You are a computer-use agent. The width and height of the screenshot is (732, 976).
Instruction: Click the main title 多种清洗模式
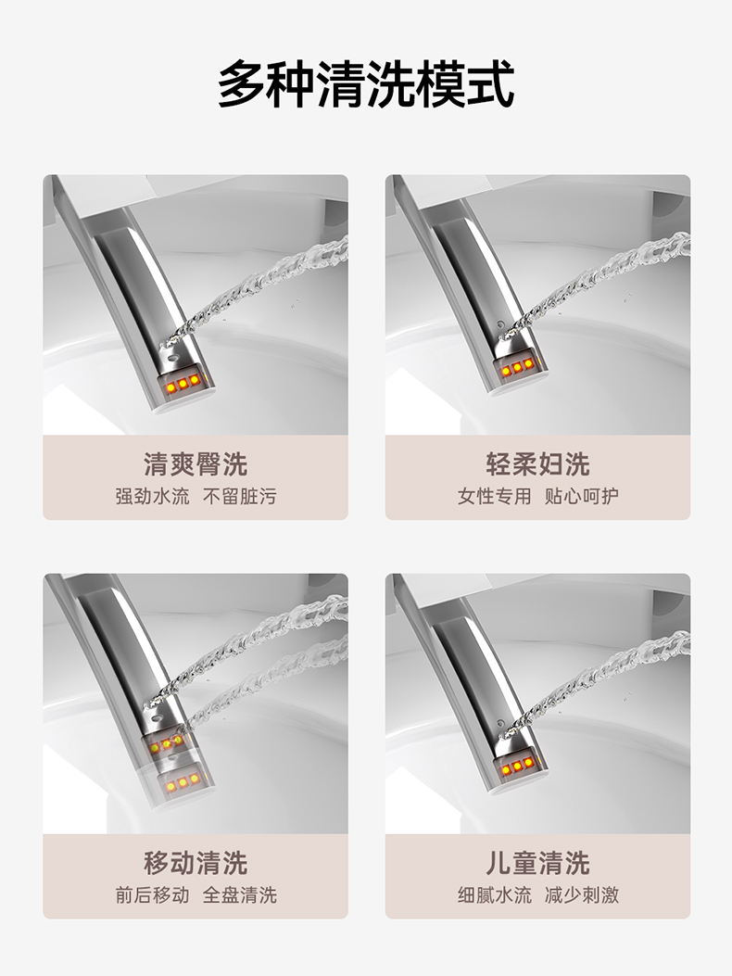(x=366, y=84)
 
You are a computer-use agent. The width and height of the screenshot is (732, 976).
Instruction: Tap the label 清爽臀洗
(x=196, y=464)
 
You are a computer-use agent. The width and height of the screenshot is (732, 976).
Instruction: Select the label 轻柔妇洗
(x=537, y=464)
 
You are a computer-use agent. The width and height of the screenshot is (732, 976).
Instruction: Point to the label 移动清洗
(x=196, y=863)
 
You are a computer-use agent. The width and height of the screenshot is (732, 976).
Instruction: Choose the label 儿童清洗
(x=537, y=863)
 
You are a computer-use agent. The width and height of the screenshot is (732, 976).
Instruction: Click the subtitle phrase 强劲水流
(x=152, y=496)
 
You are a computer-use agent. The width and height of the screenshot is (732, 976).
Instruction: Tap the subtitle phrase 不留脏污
(x=240, y=496)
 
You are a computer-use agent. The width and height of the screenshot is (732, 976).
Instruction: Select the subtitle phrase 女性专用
(x=494, y=496)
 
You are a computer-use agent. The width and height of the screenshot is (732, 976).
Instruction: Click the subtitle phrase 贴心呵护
(x=582, y=496)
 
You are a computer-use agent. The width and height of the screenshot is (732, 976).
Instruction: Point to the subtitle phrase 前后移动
(x=152, y=895)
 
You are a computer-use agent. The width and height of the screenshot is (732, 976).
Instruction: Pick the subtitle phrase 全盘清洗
(x=240, y=895)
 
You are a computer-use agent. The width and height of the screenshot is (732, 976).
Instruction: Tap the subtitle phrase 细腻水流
(x=494, y=895)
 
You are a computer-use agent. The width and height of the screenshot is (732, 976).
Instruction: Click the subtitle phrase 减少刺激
(x=582, y=895)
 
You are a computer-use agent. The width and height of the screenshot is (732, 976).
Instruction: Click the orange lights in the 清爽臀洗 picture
(x=183, y=384)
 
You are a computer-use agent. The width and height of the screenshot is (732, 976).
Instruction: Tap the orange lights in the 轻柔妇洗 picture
(x=517, y=368)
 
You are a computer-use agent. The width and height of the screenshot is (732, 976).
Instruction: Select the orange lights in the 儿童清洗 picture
(x=517, y=767)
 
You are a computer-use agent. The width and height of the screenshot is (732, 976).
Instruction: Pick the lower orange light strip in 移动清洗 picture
(x=183, y=781)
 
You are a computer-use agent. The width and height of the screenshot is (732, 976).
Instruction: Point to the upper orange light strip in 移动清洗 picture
(x=166, y=744)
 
